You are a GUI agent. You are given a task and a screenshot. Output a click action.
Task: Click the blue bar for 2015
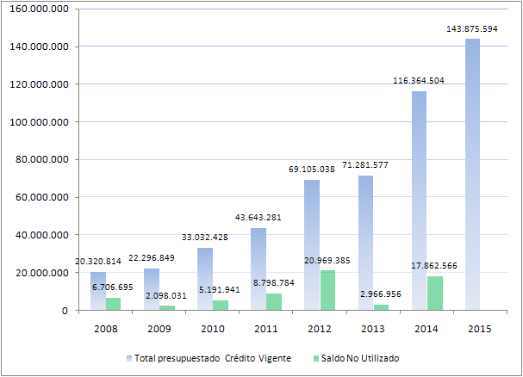coord(472,175)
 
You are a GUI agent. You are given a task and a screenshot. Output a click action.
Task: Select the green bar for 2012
coord(327,290)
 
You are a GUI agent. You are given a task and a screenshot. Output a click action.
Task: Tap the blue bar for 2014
coord(419,201)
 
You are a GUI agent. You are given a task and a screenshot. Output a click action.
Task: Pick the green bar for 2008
coord(114,304)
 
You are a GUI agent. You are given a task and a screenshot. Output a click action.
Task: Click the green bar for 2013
coord(381,307)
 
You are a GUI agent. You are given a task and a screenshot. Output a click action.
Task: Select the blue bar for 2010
coord(205,279)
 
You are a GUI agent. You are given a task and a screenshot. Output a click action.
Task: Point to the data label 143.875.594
coord(472,29)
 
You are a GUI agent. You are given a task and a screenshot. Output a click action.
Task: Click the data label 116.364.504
coord(419,81)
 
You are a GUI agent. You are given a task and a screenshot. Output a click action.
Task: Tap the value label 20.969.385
coord(327,260)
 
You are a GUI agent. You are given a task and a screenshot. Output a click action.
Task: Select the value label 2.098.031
coord(166,296)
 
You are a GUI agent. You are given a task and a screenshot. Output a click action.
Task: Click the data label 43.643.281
coord(258,217)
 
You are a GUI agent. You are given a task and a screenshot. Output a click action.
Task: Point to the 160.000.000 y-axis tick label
coord(40,9)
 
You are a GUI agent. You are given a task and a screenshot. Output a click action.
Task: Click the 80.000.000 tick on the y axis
coord(42,159)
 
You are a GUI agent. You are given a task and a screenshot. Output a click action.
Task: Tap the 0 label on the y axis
coord(65,311)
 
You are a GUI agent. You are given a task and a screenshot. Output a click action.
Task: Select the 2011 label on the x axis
coord(266,329)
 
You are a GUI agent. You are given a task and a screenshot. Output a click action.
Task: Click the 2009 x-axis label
coord(159,329)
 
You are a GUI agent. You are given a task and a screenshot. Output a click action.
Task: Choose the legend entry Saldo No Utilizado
coord(356,358)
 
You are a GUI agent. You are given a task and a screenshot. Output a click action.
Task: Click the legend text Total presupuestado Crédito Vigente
coord(213,358)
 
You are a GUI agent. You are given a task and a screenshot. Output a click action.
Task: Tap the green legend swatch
coord(316,359)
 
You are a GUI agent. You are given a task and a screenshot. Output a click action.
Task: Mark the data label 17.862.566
coord(434,266)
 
